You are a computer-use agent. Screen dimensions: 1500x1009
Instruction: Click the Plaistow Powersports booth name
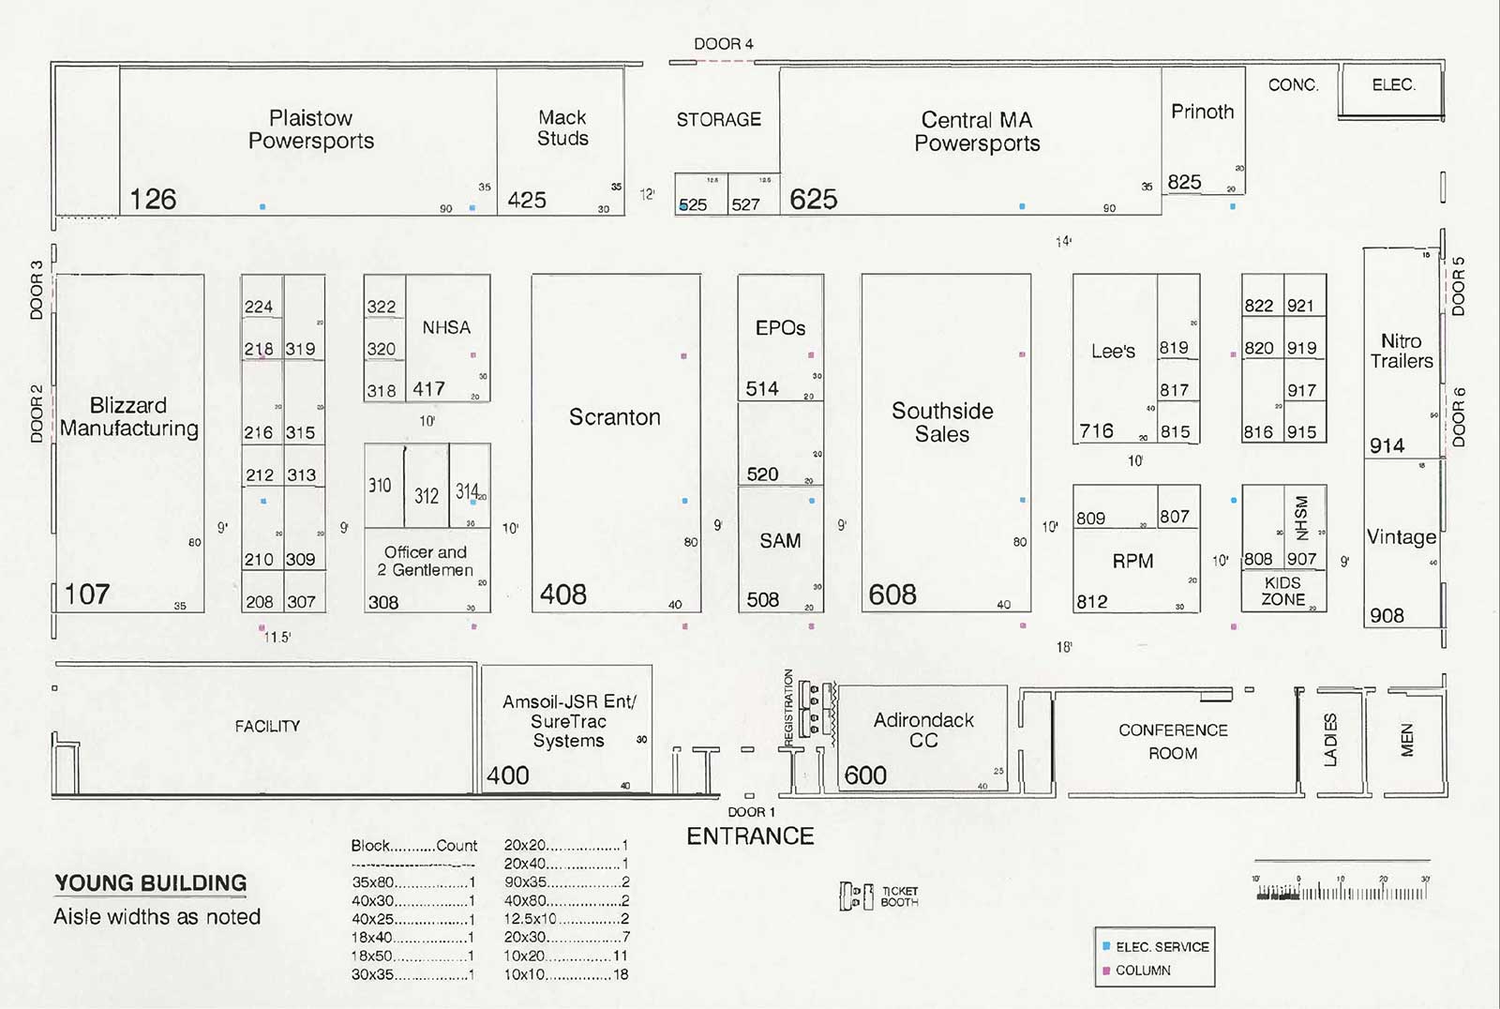pyautogui.click(x=311, y=129)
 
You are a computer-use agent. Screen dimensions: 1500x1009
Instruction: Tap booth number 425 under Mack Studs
pyautogui.click(x=527, y=200)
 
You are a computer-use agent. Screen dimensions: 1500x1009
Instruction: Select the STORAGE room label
pyautogui.click(x=719, y=120)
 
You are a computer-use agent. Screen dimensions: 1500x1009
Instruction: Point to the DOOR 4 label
pyautogui.click(x=723, y=44)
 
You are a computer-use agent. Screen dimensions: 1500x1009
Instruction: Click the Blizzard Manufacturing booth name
pyautogui.click(x=129, y=417)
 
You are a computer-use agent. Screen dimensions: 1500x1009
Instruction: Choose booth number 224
pyautogui.click(x=259, y=307)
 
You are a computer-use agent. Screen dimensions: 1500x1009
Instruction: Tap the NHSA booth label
pyautogui.click(x=446, y=327)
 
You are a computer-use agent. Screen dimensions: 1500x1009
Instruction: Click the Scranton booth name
pyautogui.click(x=615, y=417)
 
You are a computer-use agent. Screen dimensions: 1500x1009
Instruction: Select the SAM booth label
pyautogui.click(x=780, y=541)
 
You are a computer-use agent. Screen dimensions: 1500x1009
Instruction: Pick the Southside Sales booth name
pyautogui.click(x=942, y=422)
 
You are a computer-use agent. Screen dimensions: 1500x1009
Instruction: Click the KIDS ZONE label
pyautogui.click(x=1282, y=591)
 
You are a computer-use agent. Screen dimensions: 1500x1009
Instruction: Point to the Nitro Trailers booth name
pyautogui.click(x=1402, y=351)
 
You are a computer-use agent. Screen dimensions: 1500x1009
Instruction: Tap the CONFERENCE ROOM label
pyautogui.click(x=1173, y=741)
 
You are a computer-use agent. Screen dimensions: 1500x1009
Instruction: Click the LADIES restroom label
pyautogui.click(x=1330, y=740)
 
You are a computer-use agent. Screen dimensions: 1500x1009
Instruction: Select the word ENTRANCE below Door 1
pyautogui.click(x=750, y=836)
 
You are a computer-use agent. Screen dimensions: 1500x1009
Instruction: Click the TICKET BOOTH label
pyautogui.click(x=898, y=896)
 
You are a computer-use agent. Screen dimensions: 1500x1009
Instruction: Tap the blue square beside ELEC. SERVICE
pyautogui.click(x=1106, y=946)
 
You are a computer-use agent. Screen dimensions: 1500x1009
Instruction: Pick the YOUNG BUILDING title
pyautogui.click(x=151, y=883)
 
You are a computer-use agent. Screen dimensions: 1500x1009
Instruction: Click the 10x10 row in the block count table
pyautogui.click(x=566, y=975)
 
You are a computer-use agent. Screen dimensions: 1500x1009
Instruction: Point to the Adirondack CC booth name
pyautogui.click(x=923, y=730)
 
